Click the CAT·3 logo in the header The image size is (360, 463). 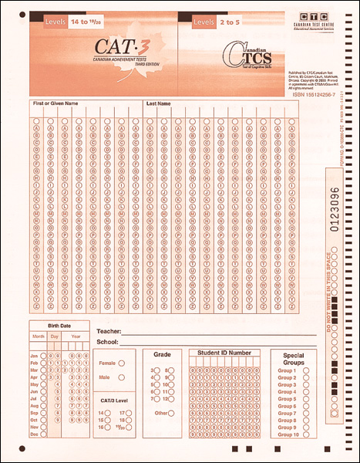(x=102, y=46)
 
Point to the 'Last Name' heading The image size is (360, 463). (x=158, y=103)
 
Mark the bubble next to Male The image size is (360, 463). (x=122, y=377)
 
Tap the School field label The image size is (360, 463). (x=108, y=341)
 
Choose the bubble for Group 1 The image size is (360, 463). (x=307, y=371)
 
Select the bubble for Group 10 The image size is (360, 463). (x=307, y=435)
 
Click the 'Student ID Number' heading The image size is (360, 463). (x=224, y=353)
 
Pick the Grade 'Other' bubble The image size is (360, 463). (x=171, y=413)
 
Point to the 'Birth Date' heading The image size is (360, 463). (x=59, y=326)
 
